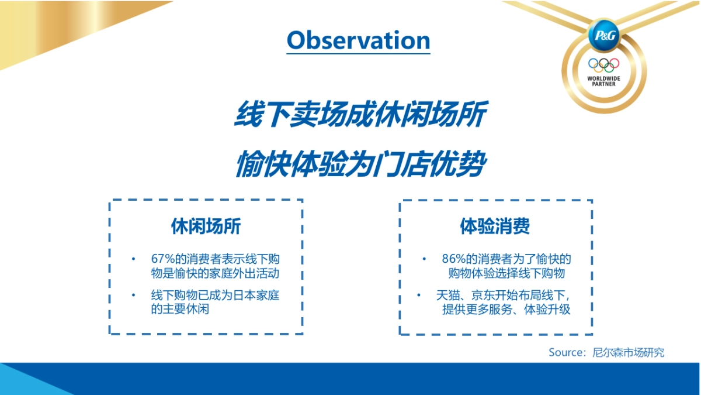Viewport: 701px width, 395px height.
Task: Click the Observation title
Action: tap(358, 40)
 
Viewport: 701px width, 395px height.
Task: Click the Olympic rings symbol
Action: tap(603, 64)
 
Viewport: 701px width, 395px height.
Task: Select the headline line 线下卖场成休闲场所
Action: tap(360, 115)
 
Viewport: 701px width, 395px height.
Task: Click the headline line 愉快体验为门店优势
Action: tap(360, 164)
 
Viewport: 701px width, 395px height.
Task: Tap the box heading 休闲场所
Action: tap(206, 226)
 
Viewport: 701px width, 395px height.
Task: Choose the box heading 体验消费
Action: tap(495, 226)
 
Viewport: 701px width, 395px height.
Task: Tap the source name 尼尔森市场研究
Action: tap(628, 352)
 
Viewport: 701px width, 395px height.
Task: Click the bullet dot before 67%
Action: tap(133, 259)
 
